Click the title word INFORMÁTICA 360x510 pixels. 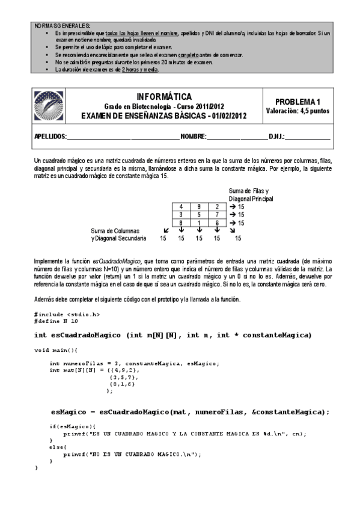(x=164, y=97)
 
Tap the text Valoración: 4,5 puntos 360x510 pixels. (x=297, y=111)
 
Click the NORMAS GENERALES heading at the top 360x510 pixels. (x=59, y=26)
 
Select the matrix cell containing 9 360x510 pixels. (x=198, y=206)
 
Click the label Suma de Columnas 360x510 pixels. (x=115, y=230)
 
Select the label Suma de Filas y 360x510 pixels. (x=248, y=191)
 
